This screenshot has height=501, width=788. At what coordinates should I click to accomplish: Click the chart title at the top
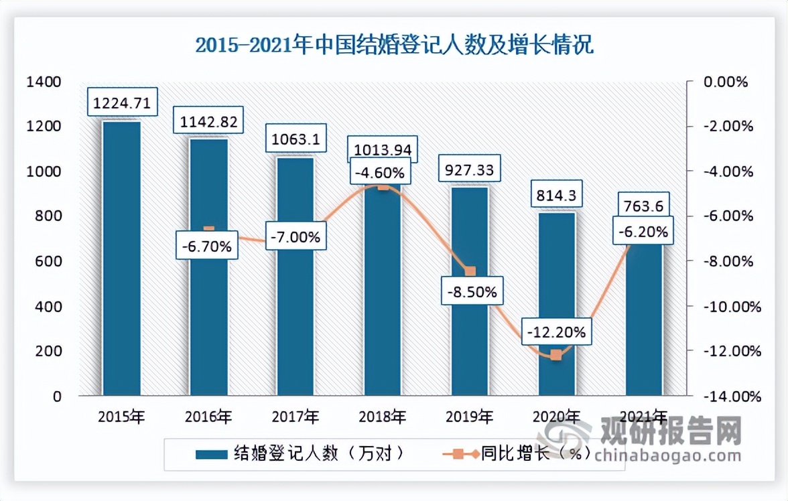coord(394,46)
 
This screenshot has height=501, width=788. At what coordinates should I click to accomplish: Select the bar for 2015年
coord(121,258)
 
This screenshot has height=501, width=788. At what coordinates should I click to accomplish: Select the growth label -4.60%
coord(382,173)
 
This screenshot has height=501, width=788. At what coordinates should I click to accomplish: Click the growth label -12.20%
coord(556,331)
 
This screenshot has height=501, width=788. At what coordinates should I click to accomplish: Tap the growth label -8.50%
coord(469,292)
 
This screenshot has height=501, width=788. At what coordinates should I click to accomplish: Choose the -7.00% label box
coord(295,236)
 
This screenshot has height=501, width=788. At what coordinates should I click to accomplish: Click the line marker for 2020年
coord(556,355)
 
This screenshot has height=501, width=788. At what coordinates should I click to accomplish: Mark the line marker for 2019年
coord(470,271)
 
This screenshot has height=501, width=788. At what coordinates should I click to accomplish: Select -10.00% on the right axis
coord(730,307)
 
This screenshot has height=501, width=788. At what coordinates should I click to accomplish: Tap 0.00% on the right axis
coord(724,82)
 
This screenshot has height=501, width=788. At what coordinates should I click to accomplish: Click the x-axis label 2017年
coord(295,417)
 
